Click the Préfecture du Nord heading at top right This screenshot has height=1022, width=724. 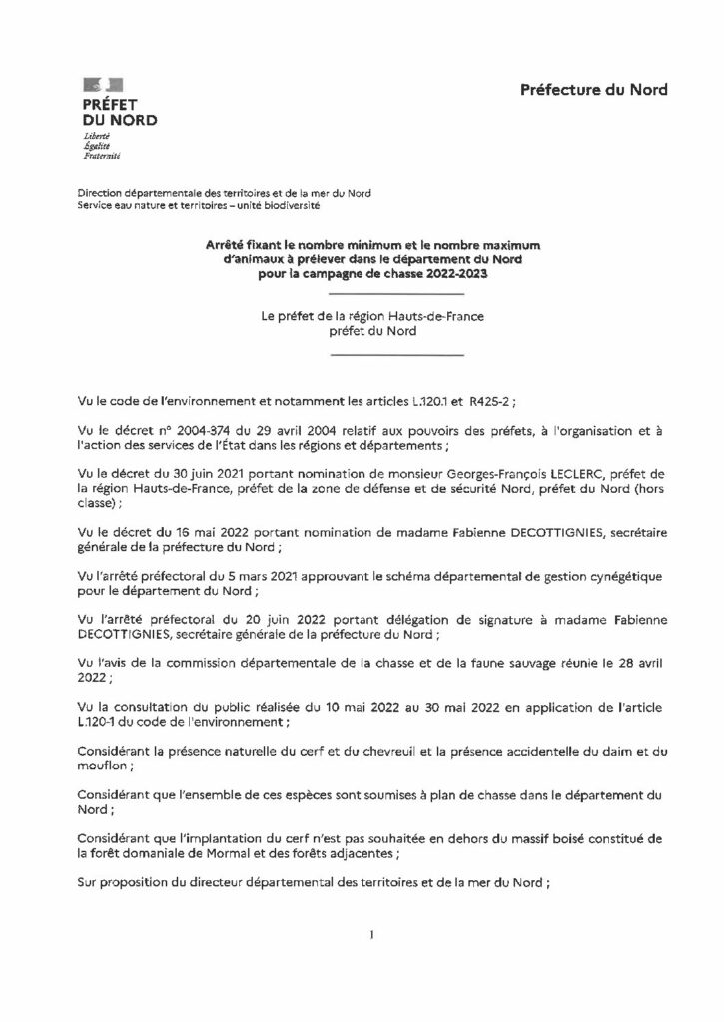point(593,90)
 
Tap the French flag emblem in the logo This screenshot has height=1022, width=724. point(97,85)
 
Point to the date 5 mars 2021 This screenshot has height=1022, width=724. point(212,577)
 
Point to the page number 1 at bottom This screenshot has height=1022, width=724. point(370,935)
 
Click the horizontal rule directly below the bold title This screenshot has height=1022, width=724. point(395,295)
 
